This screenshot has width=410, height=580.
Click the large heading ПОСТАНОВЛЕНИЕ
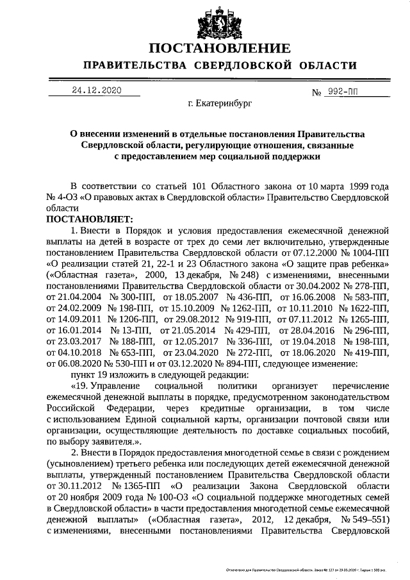tap(219, 48)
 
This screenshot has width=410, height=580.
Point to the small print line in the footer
tap(308, 569)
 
